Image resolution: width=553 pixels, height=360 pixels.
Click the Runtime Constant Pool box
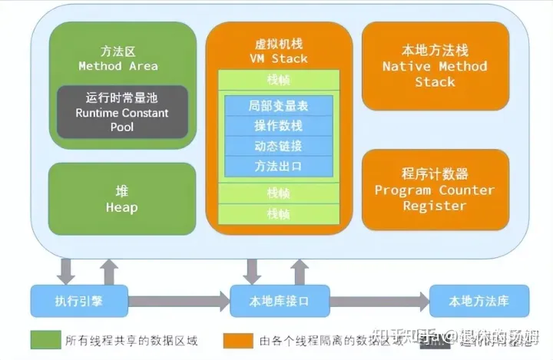[x=122, y=112]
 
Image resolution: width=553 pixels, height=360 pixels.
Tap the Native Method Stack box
[x=435, y=66]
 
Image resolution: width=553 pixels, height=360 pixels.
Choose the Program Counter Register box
[x=435, y=190]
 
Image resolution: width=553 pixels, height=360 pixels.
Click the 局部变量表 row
[x=278, y=105]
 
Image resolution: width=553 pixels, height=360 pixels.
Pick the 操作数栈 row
[x=278, y=125]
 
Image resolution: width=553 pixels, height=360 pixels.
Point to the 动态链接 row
[x=278, y=145]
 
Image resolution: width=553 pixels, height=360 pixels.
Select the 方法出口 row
[x=278, y=165]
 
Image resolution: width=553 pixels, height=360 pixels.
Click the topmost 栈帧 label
[x=278, y=81]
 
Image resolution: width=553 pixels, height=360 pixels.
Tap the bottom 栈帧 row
[x=278, y=214]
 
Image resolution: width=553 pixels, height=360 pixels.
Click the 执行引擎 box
[x=78, y=301]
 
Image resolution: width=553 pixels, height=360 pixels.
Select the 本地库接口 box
[x=280, y=301]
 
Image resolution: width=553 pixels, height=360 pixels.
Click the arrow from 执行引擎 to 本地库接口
[x=178, y=301]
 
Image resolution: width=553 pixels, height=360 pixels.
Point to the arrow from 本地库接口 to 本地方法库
[x=379, y=301]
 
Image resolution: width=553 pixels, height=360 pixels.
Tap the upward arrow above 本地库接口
[x=299, y=271]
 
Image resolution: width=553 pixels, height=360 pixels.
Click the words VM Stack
[x=278, y=58]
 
